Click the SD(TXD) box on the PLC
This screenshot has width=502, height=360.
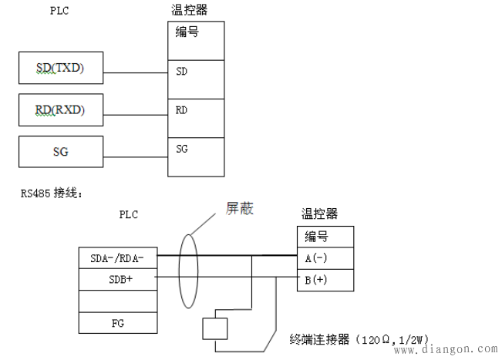[59, 69]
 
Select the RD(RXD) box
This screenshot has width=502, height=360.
[59, 110]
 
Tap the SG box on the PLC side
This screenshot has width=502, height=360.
[59, 151]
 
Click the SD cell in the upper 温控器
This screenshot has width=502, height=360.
[196, 72]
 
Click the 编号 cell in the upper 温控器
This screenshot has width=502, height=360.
[196, 35]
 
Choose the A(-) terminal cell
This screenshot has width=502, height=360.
[325, 257]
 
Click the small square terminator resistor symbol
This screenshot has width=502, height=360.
[215, 328]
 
